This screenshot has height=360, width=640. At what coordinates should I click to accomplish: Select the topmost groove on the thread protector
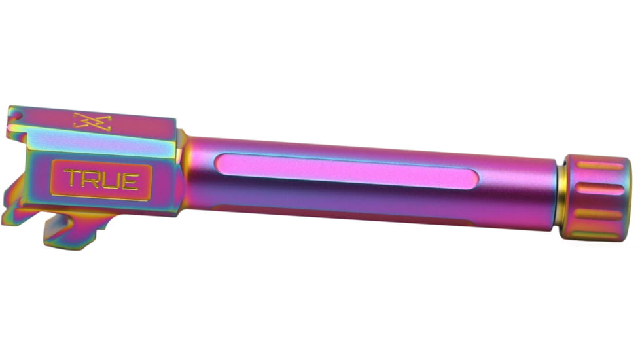pyautogui.click(x=600, y=166)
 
